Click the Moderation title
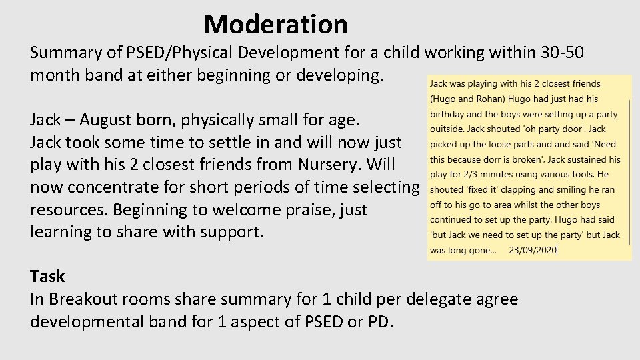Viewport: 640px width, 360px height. coord(275,25)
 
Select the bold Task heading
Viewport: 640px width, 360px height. coord(47,277)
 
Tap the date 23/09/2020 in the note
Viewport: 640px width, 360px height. coord(532,251)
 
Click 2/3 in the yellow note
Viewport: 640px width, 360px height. coord(468,175)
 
